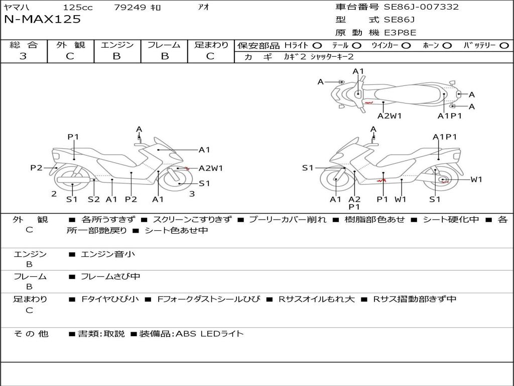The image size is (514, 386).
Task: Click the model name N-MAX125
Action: click(42, 20)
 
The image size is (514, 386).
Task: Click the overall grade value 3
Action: click(23, 56)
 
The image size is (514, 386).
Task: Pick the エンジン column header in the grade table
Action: click(117, 45)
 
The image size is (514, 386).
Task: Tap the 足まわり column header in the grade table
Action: click(211, 45)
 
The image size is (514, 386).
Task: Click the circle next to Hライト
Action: click(317, 46)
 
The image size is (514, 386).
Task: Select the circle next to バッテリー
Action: click(504, 46)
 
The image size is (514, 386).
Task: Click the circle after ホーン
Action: click(447, 46)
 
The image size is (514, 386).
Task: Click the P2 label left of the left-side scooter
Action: click(36, 168)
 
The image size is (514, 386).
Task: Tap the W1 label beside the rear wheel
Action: click(476, 179)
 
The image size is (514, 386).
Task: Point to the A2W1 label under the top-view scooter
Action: click(390, 116)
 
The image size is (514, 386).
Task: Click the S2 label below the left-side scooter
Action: click(94, 199)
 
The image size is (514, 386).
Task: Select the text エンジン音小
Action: click(108, 254)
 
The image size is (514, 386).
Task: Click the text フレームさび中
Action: click(110, 276)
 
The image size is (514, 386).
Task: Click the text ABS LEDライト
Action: click(209, 333)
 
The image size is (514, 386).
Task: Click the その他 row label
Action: click(31, 333)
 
